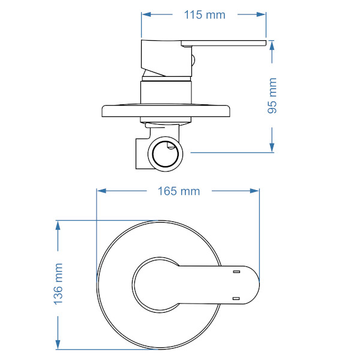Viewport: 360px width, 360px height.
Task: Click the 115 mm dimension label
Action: (x=205, y=15)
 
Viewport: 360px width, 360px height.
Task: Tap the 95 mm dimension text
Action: (x=272, y=95)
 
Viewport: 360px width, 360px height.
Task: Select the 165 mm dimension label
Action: (x=179, y=191)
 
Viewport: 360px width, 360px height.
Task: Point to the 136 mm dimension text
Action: (x=58, y=284)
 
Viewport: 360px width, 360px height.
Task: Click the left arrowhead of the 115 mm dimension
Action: (x=146, y=14)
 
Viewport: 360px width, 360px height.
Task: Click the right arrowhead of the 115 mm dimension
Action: (x=261, y=14)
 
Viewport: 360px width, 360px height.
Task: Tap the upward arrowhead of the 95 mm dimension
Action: (x=272, y=45)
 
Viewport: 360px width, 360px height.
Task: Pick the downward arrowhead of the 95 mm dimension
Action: (x=272, y=148)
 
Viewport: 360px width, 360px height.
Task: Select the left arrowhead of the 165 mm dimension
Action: (x=101, y=191)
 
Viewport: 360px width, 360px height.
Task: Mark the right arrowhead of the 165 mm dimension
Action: (x=254, y=191)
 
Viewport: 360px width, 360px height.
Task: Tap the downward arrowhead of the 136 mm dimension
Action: (x=58, y=344)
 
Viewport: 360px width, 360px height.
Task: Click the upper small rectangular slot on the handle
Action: (x=236, y=272)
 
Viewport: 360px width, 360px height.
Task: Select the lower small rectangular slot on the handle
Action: (x=236, y=298)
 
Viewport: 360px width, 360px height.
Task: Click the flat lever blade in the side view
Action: (x=224, y=43)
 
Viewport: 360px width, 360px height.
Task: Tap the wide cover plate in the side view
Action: (x=166, y=111)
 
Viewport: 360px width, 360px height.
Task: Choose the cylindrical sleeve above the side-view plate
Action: (x=166, y=92)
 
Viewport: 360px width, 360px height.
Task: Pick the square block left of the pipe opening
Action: (x=142, y=154)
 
